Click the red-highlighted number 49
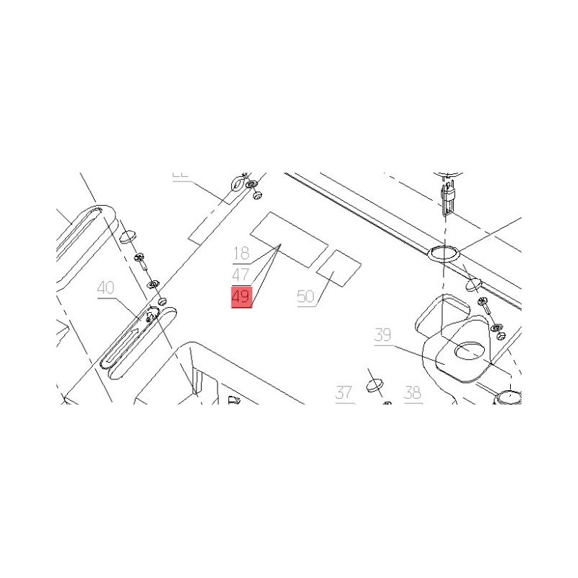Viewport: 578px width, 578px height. point(241,297)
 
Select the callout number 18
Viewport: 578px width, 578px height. point(241,254)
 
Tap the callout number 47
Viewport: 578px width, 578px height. point(241,275)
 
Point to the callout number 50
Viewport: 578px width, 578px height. point(306,296)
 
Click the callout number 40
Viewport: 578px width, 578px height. point(105,288)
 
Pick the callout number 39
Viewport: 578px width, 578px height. point(383,335)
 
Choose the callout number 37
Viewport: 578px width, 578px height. point(343,393)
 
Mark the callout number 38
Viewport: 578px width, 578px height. point(413,393)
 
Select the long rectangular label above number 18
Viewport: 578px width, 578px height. point(288,239)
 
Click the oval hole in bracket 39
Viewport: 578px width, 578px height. point(471,350)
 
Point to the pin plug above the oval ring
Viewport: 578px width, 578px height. point(447,196)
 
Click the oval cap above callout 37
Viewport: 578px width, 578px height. point(375,383)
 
